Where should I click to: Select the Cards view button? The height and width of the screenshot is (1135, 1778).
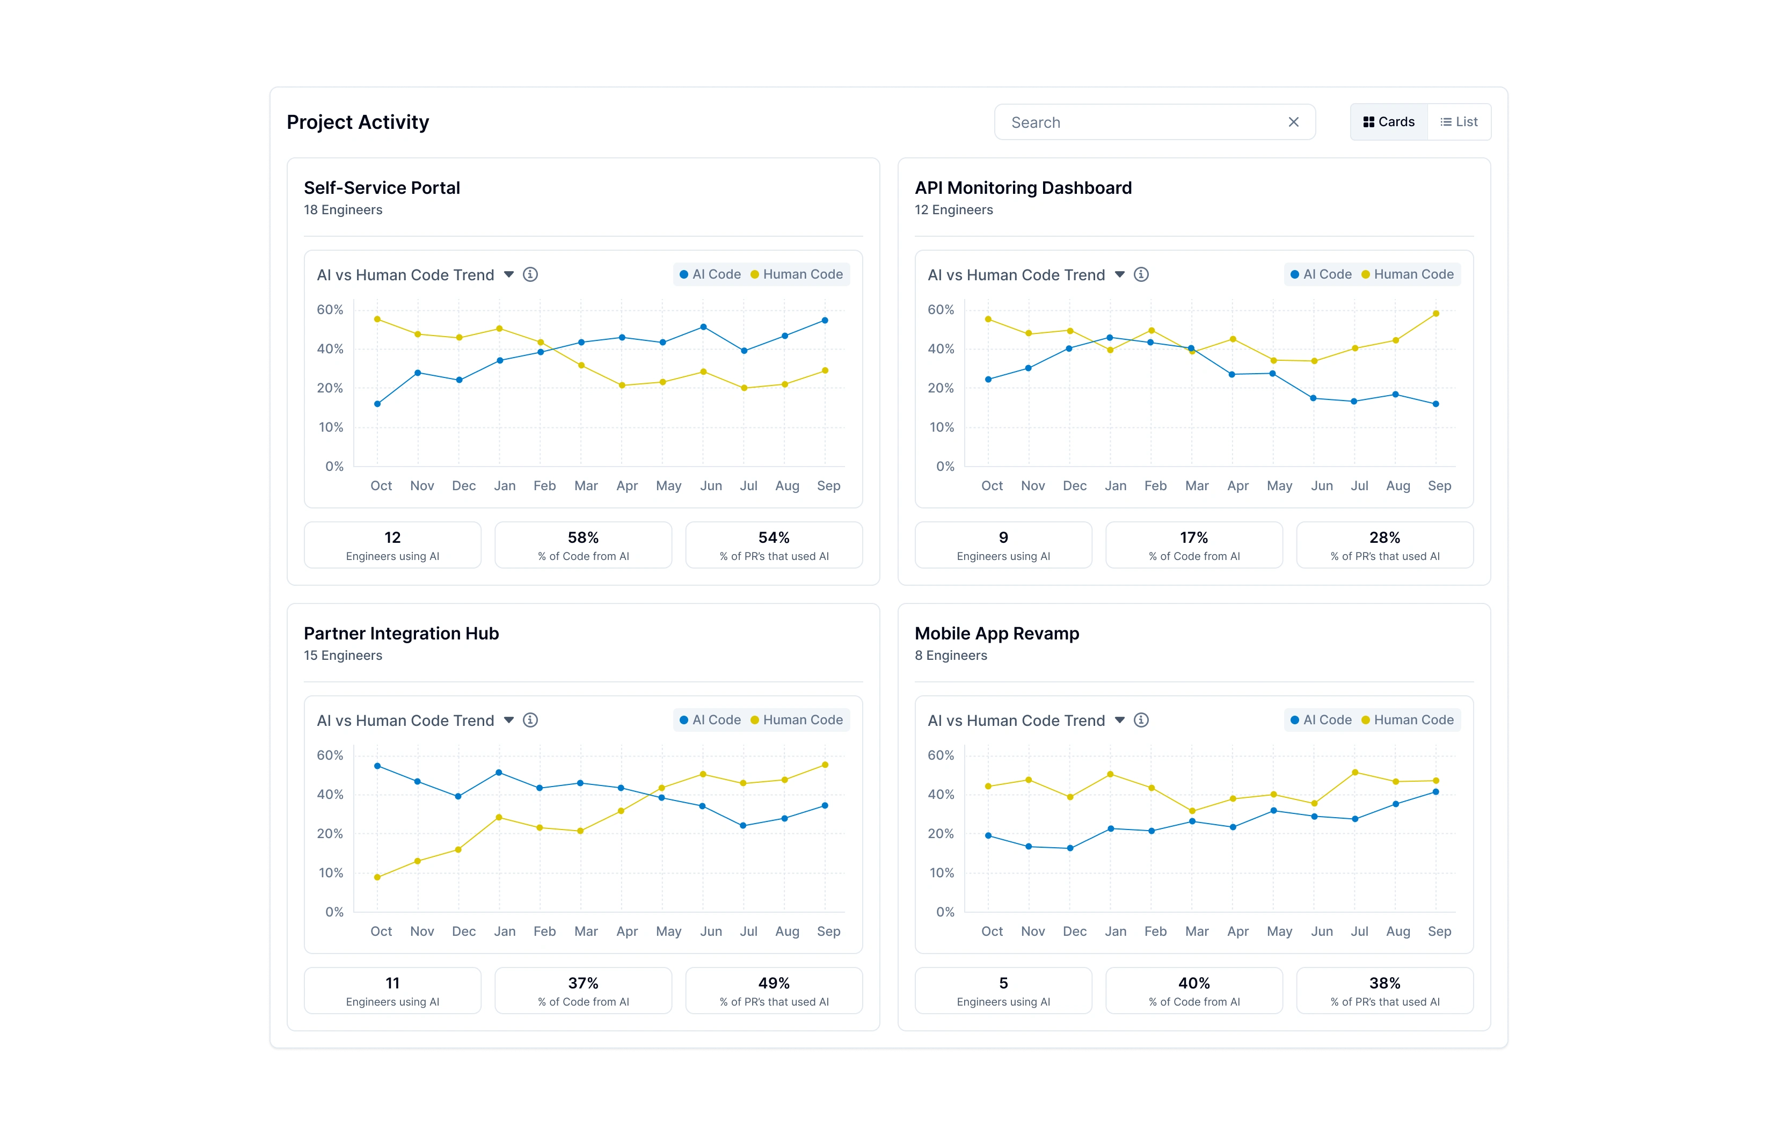click(x=1388, y=122)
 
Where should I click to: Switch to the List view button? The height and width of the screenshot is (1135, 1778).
click(x=1459, y=122)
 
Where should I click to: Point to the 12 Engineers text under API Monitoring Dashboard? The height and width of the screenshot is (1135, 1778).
click(x=953, y=210)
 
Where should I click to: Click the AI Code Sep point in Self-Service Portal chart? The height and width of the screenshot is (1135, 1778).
click(x=825, y=321)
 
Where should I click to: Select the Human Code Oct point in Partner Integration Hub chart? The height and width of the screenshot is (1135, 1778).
click(x=377, y=877)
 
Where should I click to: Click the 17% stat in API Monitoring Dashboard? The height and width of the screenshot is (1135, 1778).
click(x=1193, y=537)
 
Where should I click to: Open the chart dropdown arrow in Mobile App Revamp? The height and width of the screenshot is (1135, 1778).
click(x=1119, y=720)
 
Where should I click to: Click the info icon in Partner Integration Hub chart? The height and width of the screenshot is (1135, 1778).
click(x=530, y=720)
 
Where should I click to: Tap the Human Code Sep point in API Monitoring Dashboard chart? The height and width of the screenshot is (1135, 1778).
click(x=1435, y=314)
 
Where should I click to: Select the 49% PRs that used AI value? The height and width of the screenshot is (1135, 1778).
click(x=773, y=983)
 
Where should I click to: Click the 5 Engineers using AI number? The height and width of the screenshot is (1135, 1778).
click(x=1003, y=983)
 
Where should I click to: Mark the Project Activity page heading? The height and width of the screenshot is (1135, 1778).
click(x=358, y=122)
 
